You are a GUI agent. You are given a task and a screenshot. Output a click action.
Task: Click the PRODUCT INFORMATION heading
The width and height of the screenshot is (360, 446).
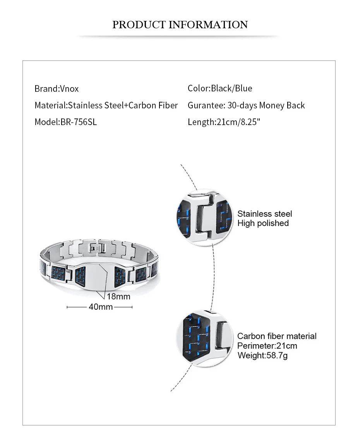180,24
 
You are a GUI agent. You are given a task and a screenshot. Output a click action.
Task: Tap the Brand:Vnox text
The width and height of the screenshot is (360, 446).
57,88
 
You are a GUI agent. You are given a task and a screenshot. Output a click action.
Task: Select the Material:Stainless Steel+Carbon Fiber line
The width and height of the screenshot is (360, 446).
106,105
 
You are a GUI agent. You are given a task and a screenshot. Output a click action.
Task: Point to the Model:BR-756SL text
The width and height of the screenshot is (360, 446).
66,122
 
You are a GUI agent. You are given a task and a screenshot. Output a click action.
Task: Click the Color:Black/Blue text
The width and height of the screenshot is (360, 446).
220,88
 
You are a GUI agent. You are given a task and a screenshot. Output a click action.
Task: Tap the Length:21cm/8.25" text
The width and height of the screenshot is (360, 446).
224,122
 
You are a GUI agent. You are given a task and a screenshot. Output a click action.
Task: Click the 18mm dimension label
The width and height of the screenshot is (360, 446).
118,297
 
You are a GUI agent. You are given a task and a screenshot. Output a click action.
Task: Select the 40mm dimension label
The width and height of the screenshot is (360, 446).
101,307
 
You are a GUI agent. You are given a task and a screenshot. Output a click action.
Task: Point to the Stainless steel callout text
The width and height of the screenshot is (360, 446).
265,214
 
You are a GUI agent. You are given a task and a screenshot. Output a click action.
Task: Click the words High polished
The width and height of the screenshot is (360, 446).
263,223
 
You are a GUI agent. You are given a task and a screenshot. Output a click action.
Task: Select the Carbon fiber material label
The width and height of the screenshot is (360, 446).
277,336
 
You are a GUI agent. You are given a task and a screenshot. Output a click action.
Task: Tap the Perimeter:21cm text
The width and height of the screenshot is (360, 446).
267,346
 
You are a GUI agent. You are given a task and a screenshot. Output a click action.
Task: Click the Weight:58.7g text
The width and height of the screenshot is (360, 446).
262,355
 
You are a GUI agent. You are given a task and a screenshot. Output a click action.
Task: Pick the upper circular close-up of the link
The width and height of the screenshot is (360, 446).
204,217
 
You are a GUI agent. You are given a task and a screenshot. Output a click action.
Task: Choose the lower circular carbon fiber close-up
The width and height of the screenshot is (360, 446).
204,338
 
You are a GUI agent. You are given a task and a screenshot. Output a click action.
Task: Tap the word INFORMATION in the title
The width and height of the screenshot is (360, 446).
208,24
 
